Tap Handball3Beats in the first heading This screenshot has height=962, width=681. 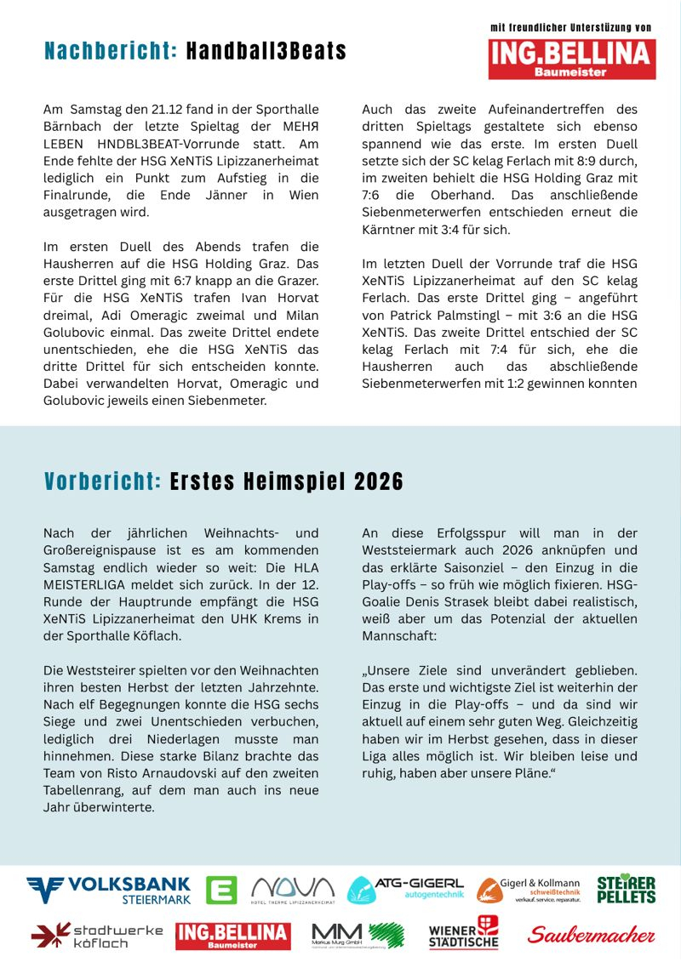pos(266,51)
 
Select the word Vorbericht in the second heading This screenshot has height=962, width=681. pos(102,482)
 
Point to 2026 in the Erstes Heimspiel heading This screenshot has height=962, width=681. pos(379,482)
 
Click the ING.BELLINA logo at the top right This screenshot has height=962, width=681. pos(572,59)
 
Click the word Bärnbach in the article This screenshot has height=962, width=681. pos(71,127)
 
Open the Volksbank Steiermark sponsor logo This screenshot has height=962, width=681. pos(108,890)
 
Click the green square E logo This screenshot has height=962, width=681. pos(222,890)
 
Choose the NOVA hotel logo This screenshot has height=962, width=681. pos(293,890)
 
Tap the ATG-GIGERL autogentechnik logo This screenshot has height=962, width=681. pos(405,890)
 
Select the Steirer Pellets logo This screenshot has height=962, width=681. pos(626,890)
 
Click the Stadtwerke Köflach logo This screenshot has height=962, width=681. pos(96,935)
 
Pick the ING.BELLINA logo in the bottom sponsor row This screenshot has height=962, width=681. pos(233,936)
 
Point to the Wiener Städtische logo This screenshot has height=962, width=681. pos(463,933)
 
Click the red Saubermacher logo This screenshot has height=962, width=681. pos(592,935)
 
